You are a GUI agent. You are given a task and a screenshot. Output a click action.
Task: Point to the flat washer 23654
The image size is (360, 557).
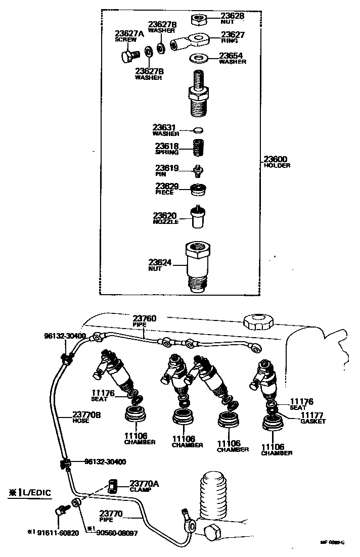tap(200, 57)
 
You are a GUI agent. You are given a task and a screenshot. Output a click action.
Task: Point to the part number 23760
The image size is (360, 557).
tap(145, 318)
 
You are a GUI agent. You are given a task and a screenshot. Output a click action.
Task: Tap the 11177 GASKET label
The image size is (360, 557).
tap(313, 417)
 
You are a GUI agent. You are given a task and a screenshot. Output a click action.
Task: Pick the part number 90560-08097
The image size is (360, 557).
tap(116, 532)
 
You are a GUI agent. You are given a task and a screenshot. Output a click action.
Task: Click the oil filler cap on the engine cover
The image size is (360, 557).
tap(258, 321)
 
